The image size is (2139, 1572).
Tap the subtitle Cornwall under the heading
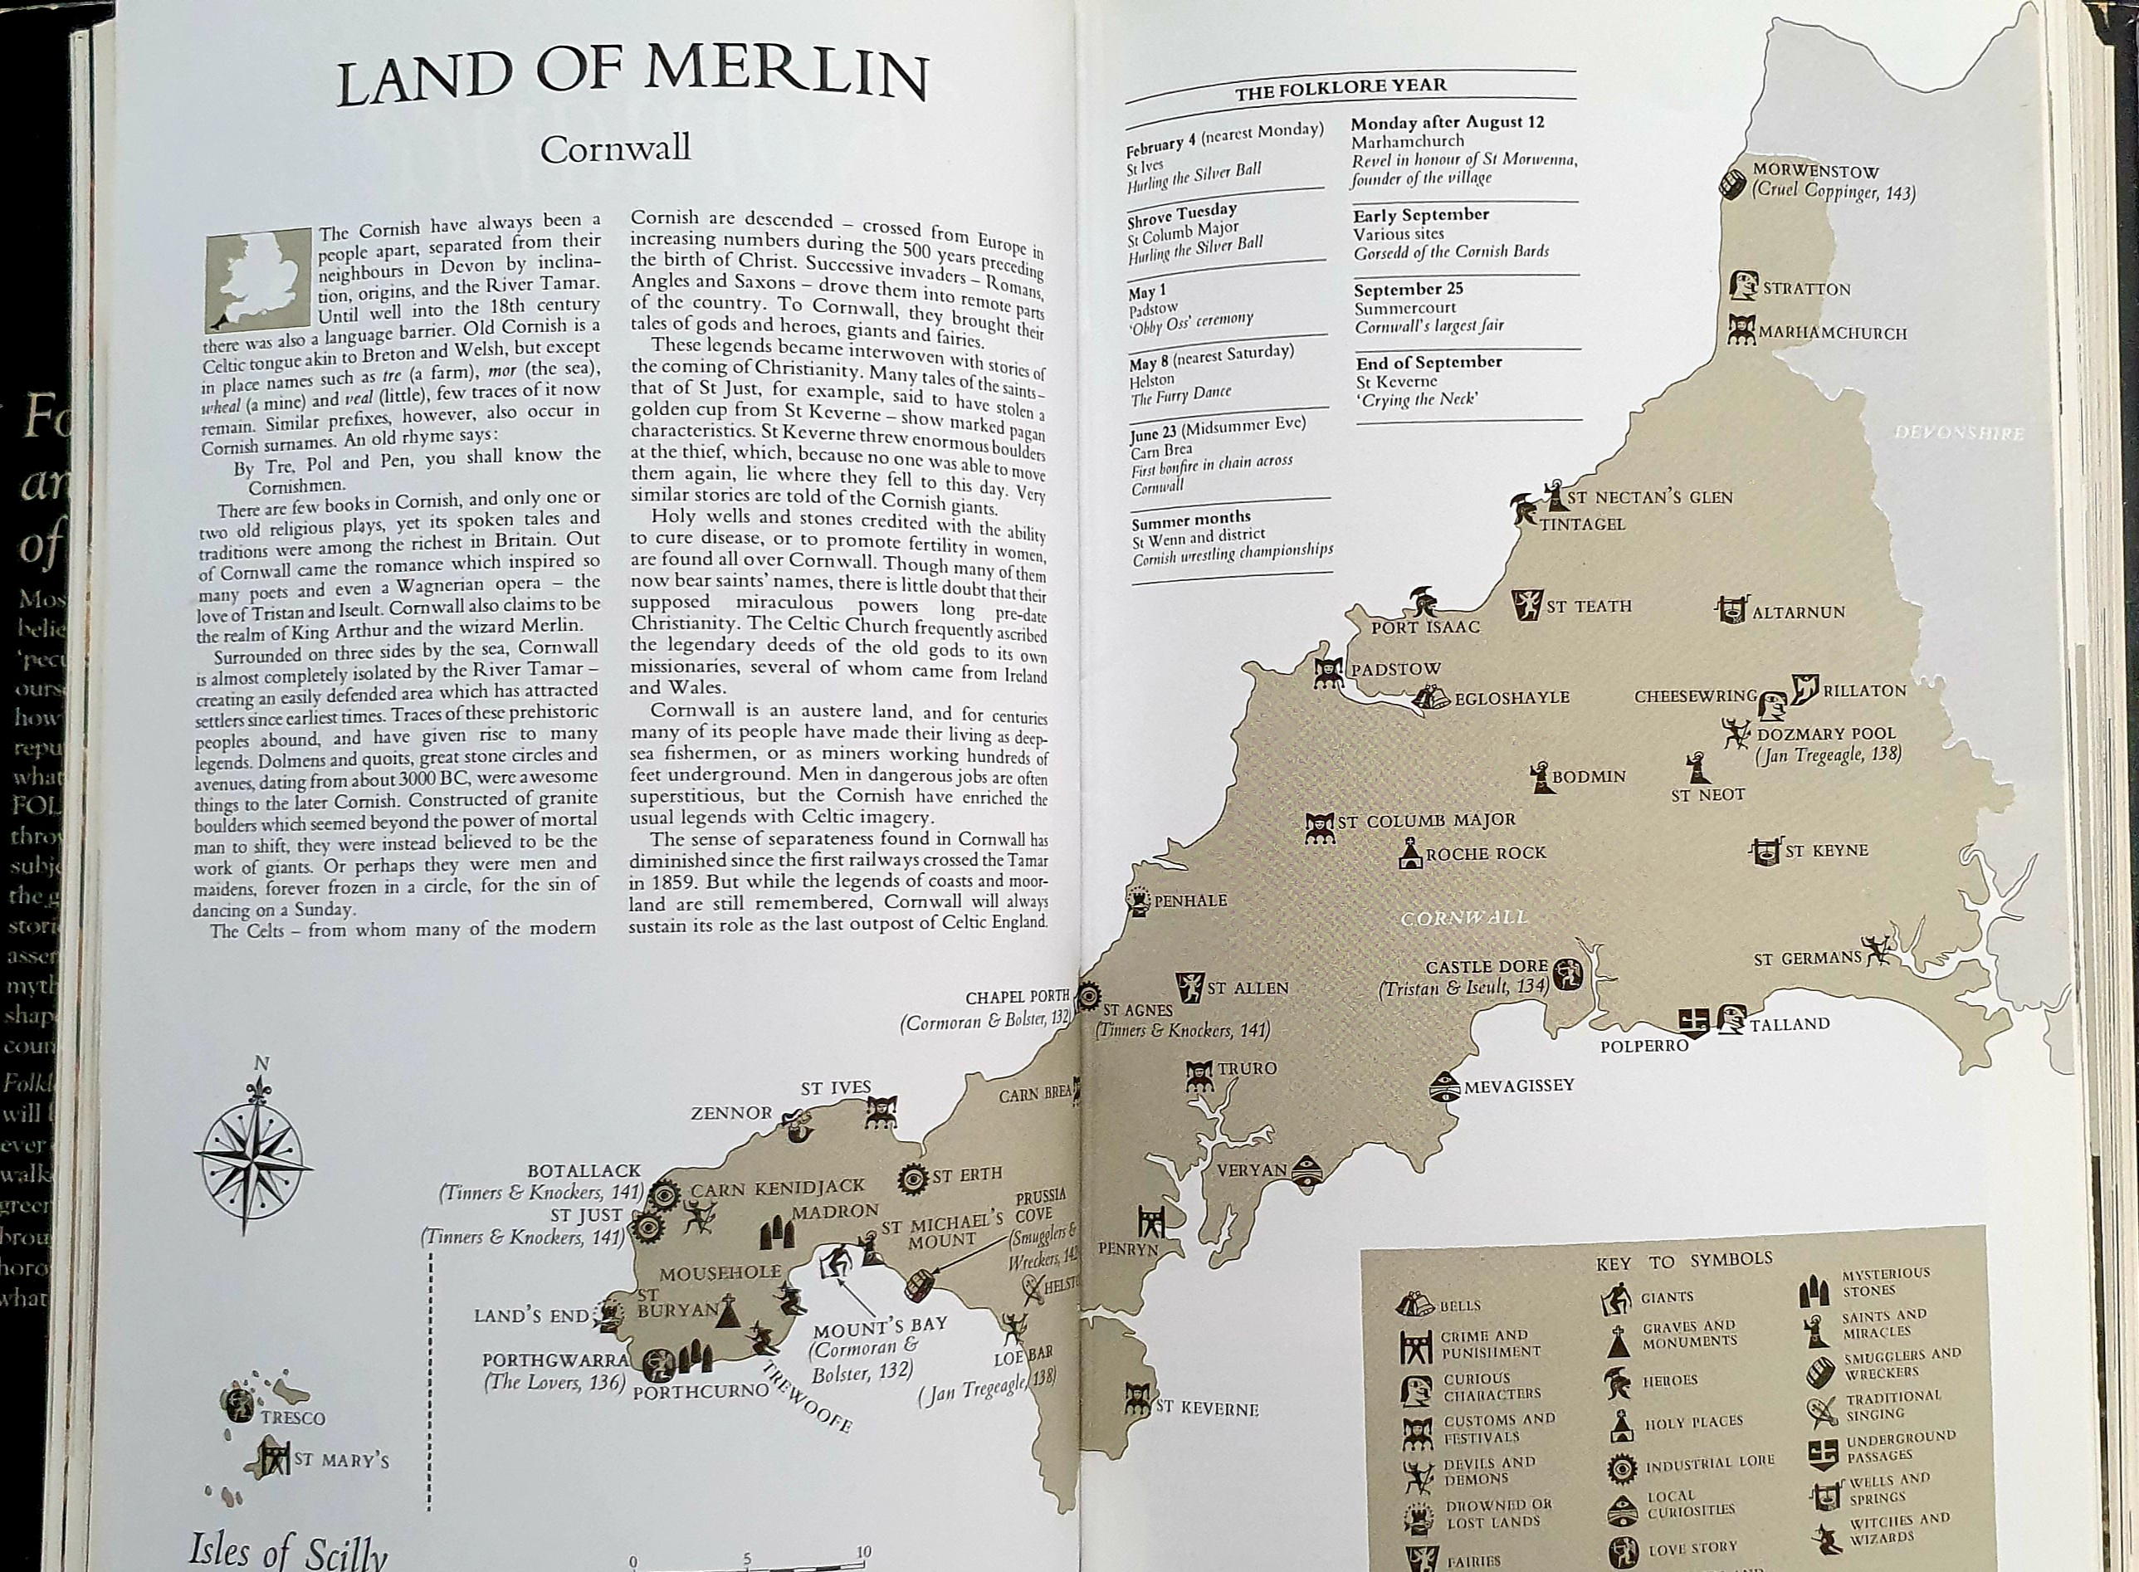coord(616,149)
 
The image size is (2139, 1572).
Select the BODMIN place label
coord(1589,777)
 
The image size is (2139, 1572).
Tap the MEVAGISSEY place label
coord(1519,1085)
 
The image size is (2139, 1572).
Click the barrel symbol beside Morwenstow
coord(1734,181)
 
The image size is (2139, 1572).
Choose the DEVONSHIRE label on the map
coord(1959,433)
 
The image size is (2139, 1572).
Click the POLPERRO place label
coord(1643,1045)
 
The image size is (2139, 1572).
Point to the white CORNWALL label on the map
coord(1465,917)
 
